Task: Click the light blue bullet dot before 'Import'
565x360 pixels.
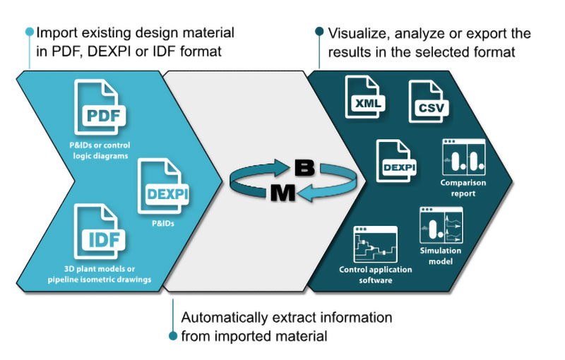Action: tap(29, 32)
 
